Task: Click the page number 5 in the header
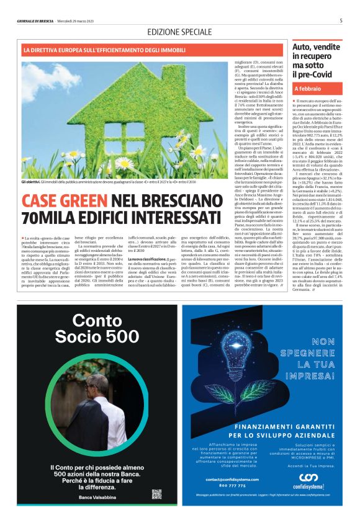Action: tap(341, 20)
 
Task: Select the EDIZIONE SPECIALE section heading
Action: tap(179, 32)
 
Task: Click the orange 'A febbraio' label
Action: tap(308, 89)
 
